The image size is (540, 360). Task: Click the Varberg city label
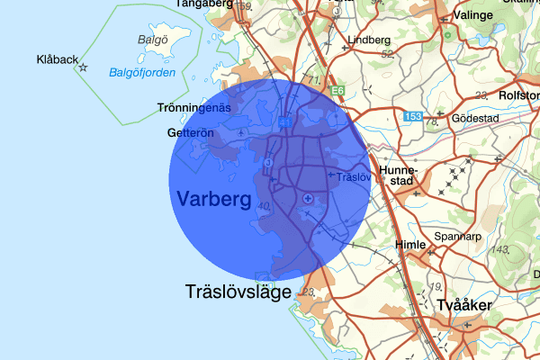pyautogui.click(x=214, y=198)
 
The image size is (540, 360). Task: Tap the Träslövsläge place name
pyautogui.click(x=238, y=292)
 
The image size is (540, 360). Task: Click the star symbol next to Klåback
pyautogui.click(x=83, y=67)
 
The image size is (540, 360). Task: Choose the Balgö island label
pyautogui.click(x=153, y=40)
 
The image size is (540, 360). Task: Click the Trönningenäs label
pyautogui.click(x=194, y=108)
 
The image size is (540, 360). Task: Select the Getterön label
pyautogui.click(x=189, y=133)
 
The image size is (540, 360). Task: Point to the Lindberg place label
pyautogui.click(x=369, y=40)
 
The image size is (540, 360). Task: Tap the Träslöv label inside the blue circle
pyautogui.click(x=353, y=177)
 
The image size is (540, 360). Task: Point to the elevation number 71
pyautogui.click(x=313, y=81)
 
